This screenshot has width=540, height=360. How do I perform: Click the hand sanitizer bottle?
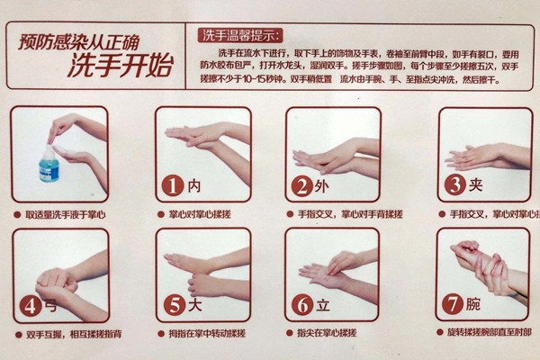click(49, 165)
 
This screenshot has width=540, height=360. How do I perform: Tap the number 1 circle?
click(173, 186)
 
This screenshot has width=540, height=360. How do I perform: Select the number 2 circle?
click(301, 186)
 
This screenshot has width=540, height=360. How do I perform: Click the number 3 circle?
click(455, 185)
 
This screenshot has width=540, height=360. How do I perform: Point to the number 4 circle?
click(32, 305)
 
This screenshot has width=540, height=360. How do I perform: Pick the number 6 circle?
click(303, 305)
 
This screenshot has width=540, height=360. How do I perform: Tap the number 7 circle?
click(454, 304)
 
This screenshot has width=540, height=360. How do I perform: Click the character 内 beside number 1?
click(194, 186)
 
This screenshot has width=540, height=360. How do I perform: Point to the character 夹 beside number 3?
click(477, 185)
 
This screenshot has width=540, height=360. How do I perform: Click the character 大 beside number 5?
click(195, 305)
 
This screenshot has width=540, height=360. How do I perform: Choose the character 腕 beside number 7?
click(476, 304)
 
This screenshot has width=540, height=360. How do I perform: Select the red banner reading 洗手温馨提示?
click(240, 36)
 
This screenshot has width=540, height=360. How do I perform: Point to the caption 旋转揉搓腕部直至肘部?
click(490, 333)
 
